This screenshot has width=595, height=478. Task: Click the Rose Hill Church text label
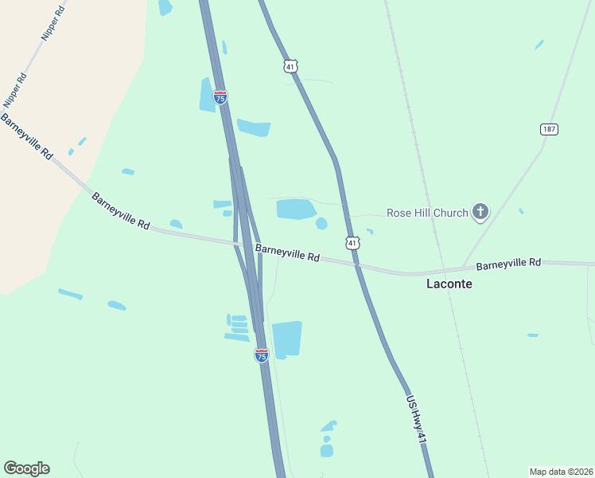coord(426,213)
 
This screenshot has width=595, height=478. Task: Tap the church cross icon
coord(480,212)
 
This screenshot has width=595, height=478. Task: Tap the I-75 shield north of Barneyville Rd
coord(220,97)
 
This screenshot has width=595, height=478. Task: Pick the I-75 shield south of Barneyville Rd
coord(261,355)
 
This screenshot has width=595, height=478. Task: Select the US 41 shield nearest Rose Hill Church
coord(352,241)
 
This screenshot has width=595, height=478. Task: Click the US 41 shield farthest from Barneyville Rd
coord(290,66)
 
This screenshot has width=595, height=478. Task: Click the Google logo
coord(26,468)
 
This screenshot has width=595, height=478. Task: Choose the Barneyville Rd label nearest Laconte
coord(508,263)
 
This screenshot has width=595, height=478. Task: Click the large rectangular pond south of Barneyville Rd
coord(287,339)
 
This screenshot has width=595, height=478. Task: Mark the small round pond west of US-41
coord(321,223)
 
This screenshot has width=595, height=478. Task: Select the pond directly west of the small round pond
coord(295,210)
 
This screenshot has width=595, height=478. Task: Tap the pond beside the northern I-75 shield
coord(206,96)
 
